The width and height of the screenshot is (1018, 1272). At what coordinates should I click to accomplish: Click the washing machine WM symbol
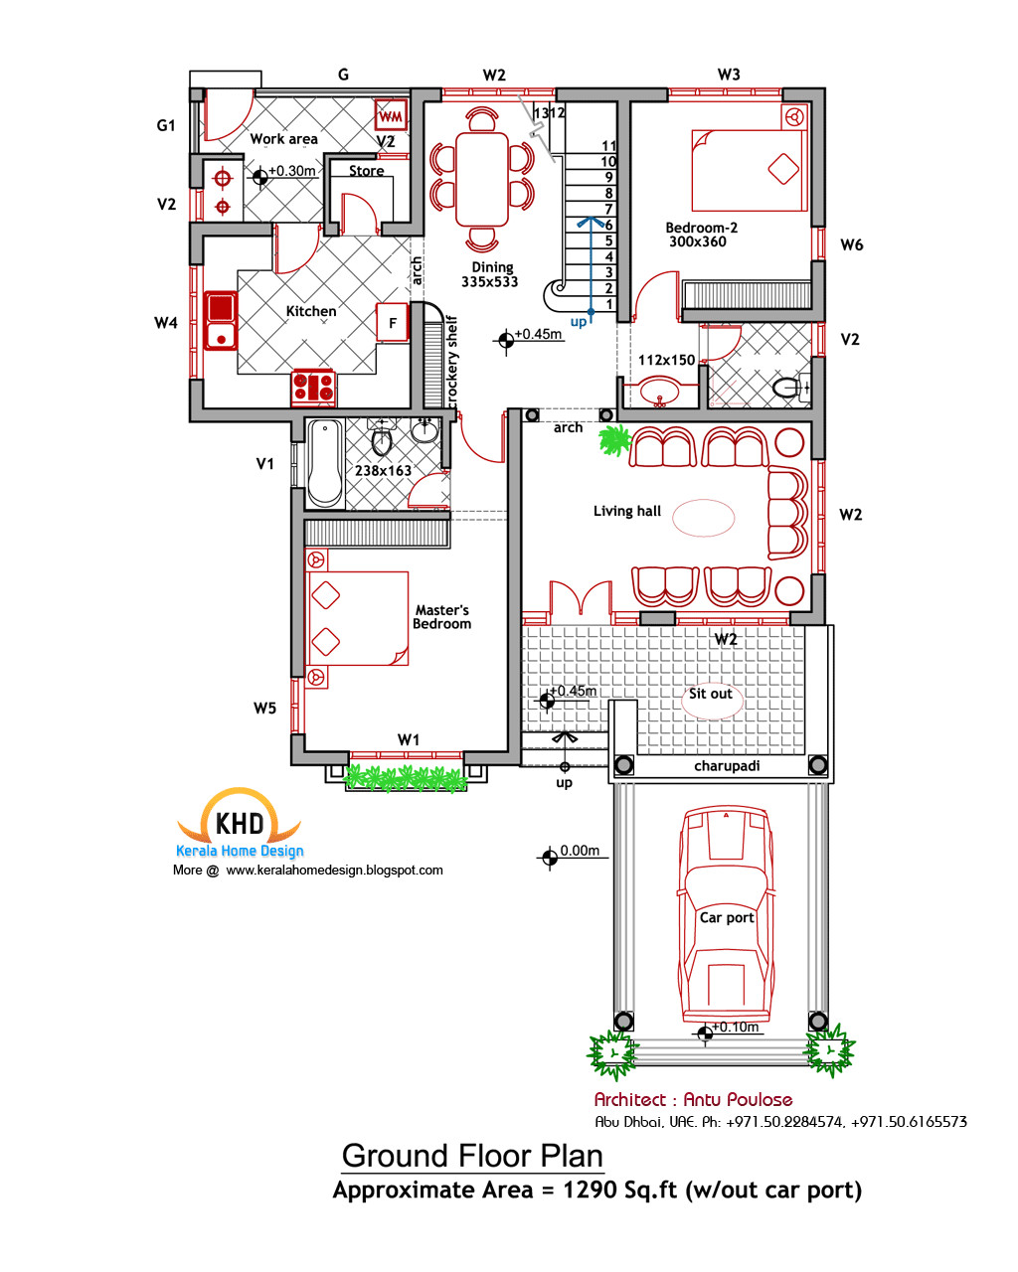(391, 116)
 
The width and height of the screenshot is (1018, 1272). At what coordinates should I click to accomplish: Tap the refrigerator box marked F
(393, 323)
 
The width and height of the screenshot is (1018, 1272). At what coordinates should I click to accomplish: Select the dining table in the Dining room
(482, 179)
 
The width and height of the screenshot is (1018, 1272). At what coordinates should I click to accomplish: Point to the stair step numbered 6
(609, 226)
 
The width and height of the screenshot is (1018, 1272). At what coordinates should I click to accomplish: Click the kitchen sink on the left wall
(221, 321)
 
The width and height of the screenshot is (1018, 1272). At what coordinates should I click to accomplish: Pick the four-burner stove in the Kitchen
(313, 387)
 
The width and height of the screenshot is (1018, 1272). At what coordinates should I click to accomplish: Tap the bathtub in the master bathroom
(324, 464)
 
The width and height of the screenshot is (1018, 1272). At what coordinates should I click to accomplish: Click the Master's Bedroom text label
(442, 617)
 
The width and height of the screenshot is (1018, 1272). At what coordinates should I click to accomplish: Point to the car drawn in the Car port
(726, 914)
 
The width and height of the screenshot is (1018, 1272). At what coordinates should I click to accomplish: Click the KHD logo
(240, 822)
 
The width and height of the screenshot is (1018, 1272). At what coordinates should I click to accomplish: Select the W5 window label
(264, 709)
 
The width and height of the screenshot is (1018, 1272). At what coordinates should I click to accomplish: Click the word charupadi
(727, 766)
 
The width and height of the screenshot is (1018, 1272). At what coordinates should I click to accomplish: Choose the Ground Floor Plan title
(472, 1156)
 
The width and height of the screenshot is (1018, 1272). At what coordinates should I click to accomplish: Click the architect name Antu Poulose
(738, 1099)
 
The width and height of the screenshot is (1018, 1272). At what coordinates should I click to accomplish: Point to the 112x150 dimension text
(666, 360)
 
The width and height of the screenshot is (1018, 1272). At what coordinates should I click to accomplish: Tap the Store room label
(366, 171)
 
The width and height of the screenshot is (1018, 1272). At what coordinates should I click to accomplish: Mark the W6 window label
(852, 244)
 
